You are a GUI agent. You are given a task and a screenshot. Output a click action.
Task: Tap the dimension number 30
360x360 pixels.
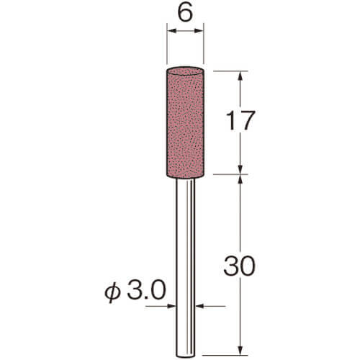[x=239, y=266]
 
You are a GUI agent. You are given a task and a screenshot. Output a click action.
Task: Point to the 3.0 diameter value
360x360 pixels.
[x=146, y=290]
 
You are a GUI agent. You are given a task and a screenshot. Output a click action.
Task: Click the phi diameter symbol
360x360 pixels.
[x=112, y=292]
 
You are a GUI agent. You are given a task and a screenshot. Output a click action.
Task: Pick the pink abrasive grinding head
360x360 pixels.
[x=185, y=122]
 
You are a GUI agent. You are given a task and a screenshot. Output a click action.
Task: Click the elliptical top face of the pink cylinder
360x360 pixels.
[x=185, y=71]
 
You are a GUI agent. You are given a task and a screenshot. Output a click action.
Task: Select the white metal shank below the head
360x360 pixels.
[x=185, y=269]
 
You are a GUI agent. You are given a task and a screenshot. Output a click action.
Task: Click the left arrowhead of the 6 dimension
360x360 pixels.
[x=171, y=31]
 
